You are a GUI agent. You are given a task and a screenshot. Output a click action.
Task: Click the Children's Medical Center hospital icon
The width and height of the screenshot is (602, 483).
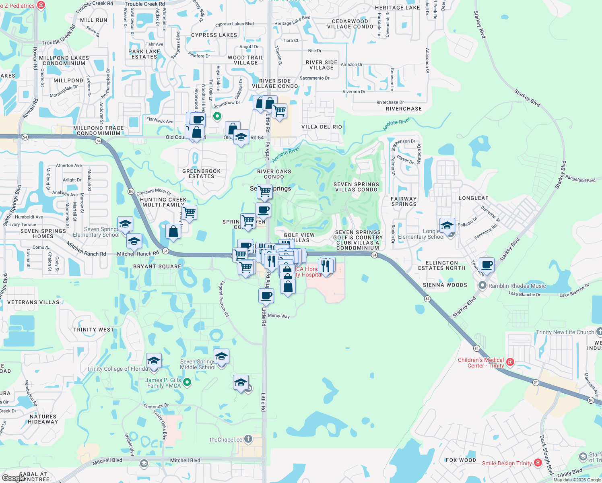pos(510,362)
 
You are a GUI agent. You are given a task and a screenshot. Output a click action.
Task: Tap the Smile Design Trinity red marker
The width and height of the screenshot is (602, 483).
pos(538,463)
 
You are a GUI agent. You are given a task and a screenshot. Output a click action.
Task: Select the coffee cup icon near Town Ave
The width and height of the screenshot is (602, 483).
pos(487,265)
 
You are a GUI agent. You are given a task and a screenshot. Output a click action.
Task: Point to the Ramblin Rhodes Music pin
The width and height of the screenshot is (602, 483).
pos(482,285)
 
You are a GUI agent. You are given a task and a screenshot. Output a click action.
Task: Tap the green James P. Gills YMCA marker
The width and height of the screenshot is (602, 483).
pos(187,382)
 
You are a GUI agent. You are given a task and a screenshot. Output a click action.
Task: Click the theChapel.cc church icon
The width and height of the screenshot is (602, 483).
pos(248,439)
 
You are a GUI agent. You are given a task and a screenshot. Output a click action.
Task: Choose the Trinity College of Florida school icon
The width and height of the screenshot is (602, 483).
pos(154,361)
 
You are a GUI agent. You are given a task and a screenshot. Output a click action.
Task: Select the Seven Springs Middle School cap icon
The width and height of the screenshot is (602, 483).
pos(221,356)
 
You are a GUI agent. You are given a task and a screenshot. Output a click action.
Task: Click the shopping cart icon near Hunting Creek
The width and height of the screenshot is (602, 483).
pos(189,212)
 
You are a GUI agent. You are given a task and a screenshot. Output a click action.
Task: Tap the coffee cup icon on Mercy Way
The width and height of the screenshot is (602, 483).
pos(266,296)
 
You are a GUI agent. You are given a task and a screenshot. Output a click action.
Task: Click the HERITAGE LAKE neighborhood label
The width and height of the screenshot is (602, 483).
pos(397,8)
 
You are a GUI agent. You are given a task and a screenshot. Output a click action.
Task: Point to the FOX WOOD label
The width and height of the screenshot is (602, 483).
pos(461,460)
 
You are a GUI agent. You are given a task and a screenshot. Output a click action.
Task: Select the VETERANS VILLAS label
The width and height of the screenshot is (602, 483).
pos(33,302)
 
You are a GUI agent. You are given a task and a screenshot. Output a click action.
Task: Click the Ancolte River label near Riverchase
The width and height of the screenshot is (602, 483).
pos(396,124)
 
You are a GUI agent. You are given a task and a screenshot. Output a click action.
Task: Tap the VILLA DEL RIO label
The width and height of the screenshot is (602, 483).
pos(322,127)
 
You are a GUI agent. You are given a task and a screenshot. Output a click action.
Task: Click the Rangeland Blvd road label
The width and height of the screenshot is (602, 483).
pos(580,179)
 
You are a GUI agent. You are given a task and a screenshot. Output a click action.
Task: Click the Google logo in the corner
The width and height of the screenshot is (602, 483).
pos(13,478)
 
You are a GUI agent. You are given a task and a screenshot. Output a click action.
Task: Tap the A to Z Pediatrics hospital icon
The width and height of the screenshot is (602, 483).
pos(41,5)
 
